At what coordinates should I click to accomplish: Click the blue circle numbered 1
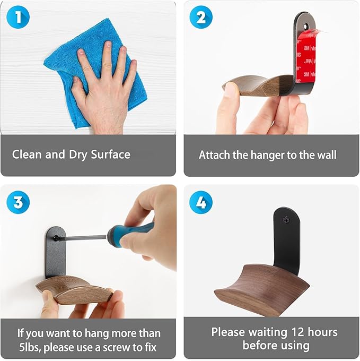tap(18, 17)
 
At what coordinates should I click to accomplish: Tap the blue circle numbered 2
tap(201, 17)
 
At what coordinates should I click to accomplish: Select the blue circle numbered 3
tap(18, 202)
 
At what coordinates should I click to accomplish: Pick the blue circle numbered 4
tap(201, 202)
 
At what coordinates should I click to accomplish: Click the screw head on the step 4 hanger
tap(286, 220)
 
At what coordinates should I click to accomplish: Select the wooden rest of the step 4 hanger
tap(262, 290)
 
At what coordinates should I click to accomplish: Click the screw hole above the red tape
tap(306, 26)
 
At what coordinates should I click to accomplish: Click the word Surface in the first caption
tap(111, 154)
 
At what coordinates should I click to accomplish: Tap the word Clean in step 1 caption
tap(27, 154)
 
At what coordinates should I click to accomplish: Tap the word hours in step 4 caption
tap(322, 332)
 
